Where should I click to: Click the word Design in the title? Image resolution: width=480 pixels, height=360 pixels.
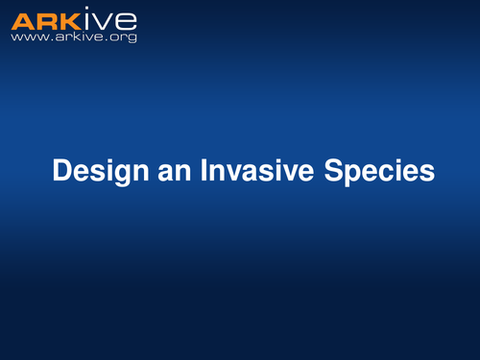tap(95, 172)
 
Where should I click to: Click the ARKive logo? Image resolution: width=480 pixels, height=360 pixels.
tap(74, 19)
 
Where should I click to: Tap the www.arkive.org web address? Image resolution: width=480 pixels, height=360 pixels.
tap(74, 37)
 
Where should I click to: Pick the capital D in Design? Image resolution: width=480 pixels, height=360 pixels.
tap(62, 171)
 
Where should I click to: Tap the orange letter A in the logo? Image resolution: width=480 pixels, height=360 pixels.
tap(24, 19)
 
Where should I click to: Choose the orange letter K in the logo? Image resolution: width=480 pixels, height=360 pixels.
tap(69, 19)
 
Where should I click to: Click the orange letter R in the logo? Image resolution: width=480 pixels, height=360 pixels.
tap(46, 19)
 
